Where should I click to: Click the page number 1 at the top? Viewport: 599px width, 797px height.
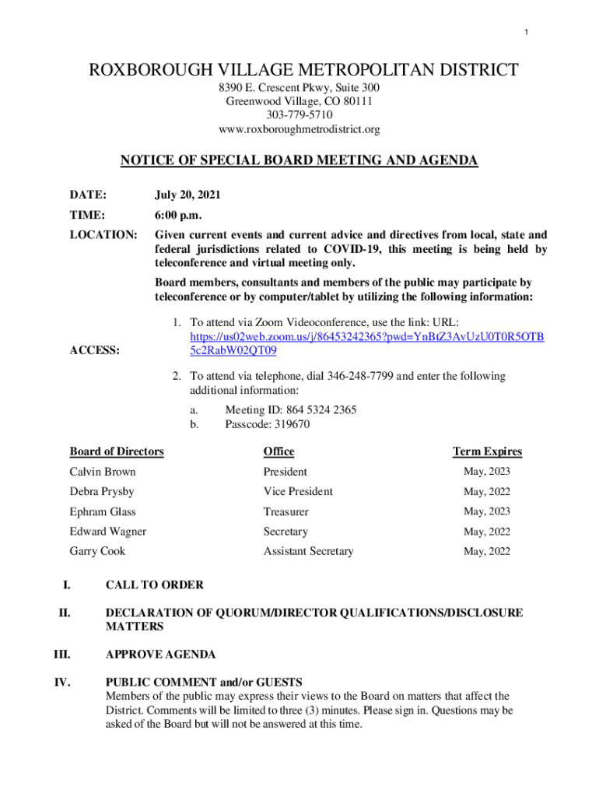526,32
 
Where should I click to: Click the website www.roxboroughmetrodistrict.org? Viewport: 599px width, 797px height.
299,129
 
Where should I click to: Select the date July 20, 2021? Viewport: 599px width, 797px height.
185,193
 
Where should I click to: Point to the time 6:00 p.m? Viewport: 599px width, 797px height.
180,214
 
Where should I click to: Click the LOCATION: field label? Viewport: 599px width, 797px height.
104,235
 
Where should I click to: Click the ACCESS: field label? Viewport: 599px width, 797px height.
95,350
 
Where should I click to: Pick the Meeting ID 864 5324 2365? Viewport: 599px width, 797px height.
291,410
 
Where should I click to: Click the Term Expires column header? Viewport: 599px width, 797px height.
488,451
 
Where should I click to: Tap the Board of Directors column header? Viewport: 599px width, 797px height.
117,451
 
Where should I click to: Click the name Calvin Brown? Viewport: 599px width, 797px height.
103,472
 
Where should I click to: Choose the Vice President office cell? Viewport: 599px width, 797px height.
298,491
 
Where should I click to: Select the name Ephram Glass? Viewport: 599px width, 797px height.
103,511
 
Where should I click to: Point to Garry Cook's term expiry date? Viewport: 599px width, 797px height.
487,551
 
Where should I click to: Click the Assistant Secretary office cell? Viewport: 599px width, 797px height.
308,551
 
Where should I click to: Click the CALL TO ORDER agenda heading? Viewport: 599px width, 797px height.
155,585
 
